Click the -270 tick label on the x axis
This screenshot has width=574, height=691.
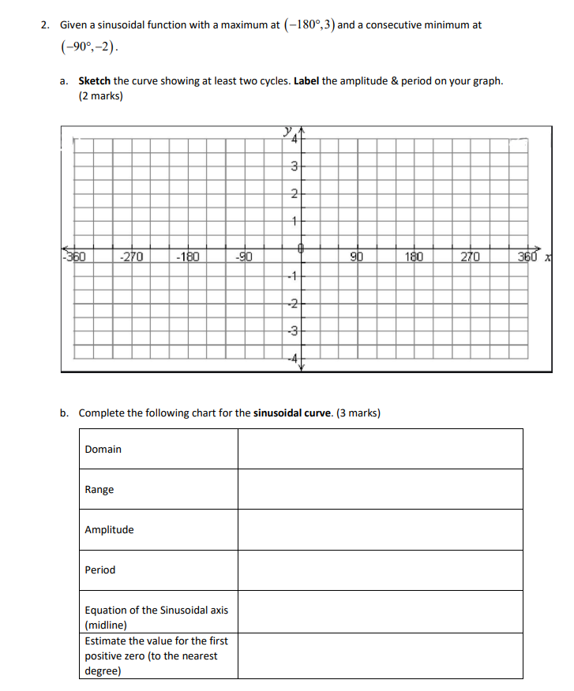(x=132, y=256)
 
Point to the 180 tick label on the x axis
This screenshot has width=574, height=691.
(x=414, y=256)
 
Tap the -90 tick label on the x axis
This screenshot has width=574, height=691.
(x=244, y=256)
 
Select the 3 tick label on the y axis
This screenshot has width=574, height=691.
(x=294, y=166)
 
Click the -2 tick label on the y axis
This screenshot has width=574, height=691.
(x=292, y=304)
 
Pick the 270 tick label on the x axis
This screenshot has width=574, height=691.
(x=470, y=256)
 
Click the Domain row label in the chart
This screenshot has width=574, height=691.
(x=103, y=450)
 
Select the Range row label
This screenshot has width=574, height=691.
(x=99, y=490)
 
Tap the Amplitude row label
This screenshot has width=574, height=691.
(x=109, y=530)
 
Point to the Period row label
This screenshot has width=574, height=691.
(x=100, y=570)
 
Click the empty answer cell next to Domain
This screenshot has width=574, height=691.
(x=380, y=450)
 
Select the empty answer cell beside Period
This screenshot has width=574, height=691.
(x=380, y=570)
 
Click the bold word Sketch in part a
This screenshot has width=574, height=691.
(x=94, y=81)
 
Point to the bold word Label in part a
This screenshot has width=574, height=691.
(x=307, y=81)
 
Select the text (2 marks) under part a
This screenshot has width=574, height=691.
(x=100, y=97)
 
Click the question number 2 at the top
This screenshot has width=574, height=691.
(x=45, y=25)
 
